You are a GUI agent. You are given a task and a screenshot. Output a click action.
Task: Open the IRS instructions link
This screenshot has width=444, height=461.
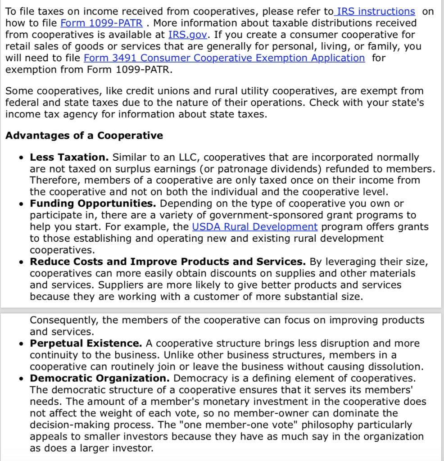click(376, 11)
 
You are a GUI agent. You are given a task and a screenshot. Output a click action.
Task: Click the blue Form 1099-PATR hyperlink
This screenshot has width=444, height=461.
click(101, 23)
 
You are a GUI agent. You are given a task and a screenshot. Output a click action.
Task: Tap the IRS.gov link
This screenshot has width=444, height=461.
click(188, 35)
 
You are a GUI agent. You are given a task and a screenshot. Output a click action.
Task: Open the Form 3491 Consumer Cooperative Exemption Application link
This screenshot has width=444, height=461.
click(224, 58)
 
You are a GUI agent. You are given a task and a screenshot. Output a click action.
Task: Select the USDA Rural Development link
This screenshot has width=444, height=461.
click(255, 227)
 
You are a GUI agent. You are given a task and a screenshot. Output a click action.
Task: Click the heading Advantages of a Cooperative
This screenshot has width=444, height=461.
click(84, 136)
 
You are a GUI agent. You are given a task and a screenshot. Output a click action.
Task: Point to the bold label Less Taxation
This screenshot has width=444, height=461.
click(69, 158)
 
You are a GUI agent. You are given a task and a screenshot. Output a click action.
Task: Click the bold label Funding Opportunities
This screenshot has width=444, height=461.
click(93, 203)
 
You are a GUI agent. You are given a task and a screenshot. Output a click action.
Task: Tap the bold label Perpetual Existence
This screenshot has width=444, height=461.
click(86, 343)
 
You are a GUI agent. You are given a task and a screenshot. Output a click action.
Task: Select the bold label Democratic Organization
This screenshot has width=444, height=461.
click(100, 378)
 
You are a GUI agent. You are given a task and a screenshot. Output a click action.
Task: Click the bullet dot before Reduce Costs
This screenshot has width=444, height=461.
click(22, 262)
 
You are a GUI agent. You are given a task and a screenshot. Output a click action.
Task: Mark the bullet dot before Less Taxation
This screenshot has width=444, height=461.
click(22, 158)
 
